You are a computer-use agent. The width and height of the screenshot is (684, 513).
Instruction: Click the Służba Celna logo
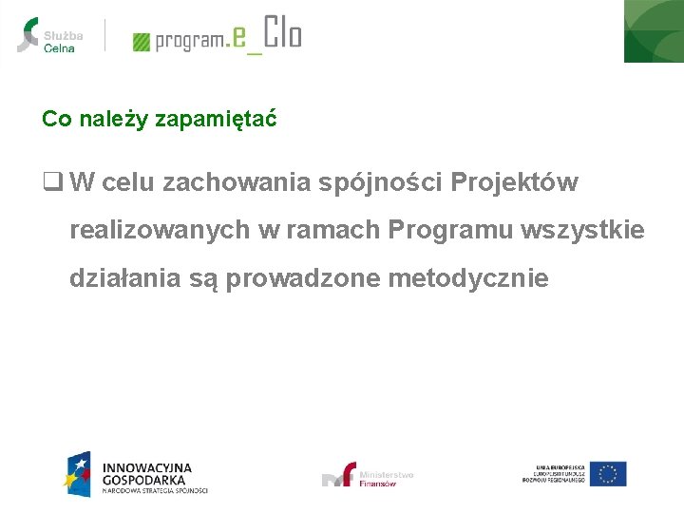tap(50, 35)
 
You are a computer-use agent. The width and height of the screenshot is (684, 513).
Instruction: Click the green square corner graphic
tap(654, 30)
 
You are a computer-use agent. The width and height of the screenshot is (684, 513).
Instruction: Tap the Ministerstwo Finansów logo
tap(369, 475)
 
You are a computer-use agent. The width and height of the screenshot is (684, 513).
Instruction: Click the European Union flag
tap(608, 473)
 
